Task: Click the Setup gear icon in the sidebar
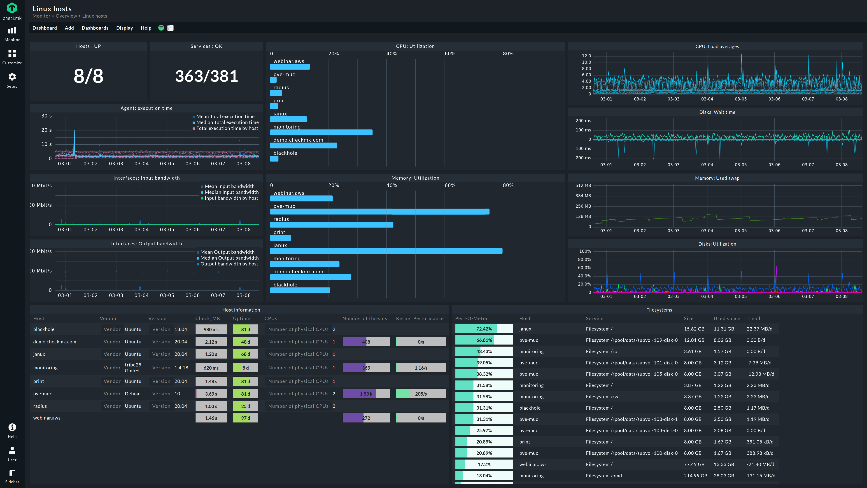[x=12, y=77]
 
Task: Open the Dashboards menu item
[x=95, y=28]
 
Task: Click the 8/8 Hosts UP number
[x=89, y=76]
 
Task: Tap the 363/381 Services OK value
[x=206, y=76]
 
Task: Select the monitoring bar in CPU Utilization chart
[x=321, y=132]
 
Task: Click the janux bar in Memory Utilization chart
[x=386, y=251]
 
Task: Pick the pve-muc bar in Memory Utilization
[x=380, y=211]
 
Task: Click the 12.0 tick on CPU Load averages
[x=586, y=56]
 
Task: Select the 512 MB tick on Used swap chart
[x=583, y=185]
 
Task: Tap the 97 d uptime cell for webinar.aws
[x=245, y=418]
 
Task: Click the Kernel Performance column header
[x=420, y=319]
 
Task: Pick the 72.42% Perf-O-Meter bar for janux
[x=484, y=329]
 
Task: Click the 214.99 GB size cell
[x=695, y=476]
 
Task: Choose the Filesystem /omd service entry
[x=604, y=476]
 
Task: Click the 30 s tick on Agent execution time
[x=47, y=116]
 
